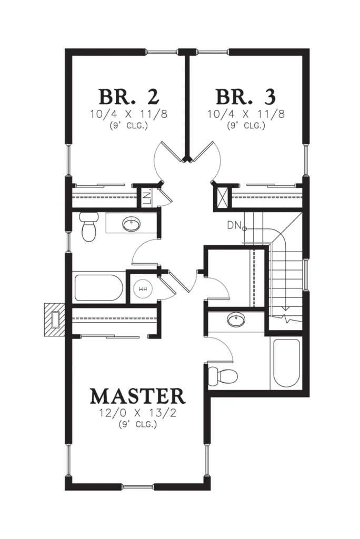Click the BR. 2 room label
pyautogui.click(x=129, y=97)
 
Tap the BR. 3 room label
pyautogui.click(x=246, y=97)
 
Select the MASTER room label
pyautogui.click(x=137, y=396)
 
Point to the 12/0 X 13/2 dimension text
pyautogui.click(x=137, y=413)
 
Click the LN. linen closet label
pyautogui.click(x=147, y=198)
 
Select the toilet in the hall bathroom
pyautogui.click(x=89, y=226)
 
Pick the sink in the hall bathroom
pyautogui.click(x=131, y=224)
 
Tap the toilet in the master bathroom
pyautogui.click(x=223, y=375)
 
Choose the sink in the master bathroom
pyautogui.click(x=236, y=320)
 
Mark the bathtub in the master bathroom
pyautogui.click(x=287, y=364)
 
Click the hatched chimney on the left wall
pyautogui.click(x=55, y=320)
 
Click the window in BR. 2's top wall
pyautogui.click(x=162, y=52)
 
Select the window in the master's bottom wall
pyautogui.click(x=138, y=486)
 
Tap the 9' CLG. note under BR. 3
pyautogui.click(x=246, y=126)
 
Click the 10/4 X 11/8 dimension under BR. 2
pyautogui.click(x=129, y=114)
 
